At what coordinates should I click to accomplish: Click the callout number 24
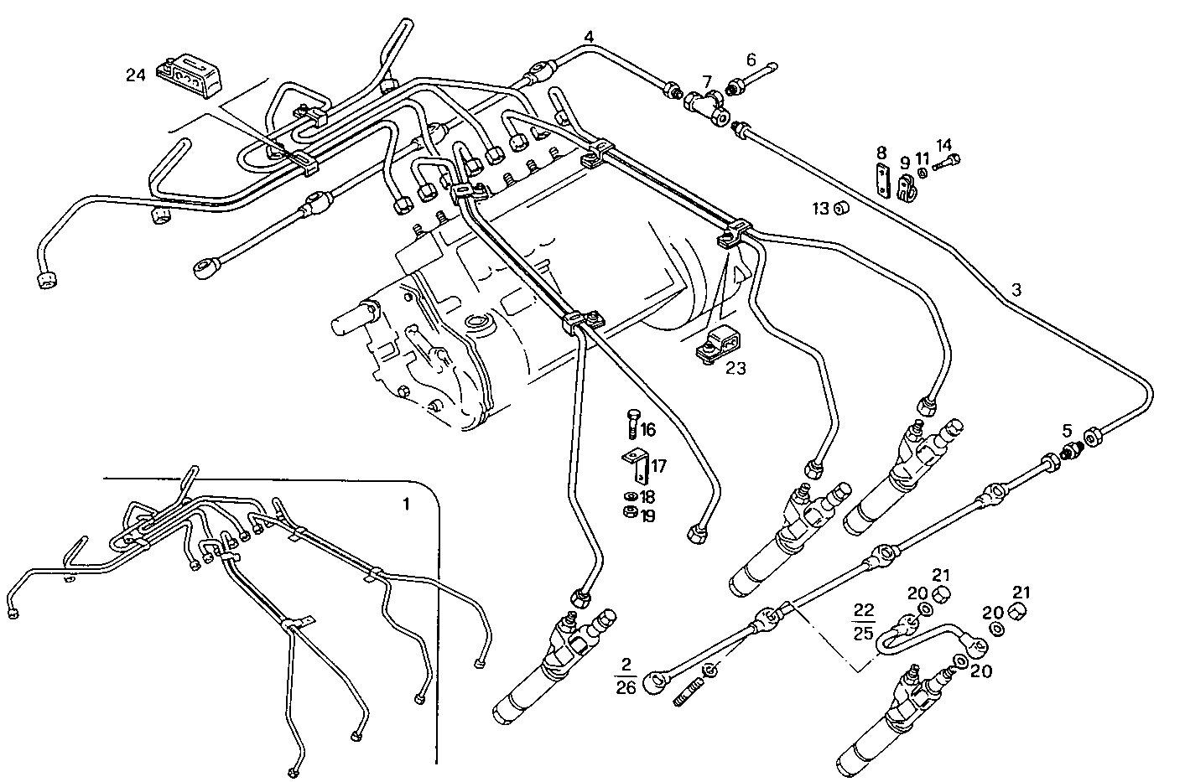click(x=136, y=75)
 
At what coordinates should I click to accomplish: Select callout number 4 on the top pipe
click(x=590, y=37)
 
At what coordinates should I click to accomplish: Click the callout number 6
click(x=751, y=60)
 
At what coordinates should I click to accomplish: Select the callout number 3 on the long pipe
click(x=1016, y=291)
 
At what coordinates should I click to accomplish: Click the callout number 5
click(x=1067, y=431)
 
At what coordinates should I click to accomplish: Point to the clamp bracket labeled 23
click(x=718, y=345)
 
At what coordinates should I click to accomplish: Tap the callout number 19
click(x=648, y=515)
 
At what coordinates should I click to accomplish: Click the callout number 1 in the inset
click(x=407, y=504)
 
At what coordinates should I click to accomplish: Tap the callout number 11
click(x=923, y=158)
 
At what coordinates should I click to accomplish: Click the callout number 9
click(x=905, y=163)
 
